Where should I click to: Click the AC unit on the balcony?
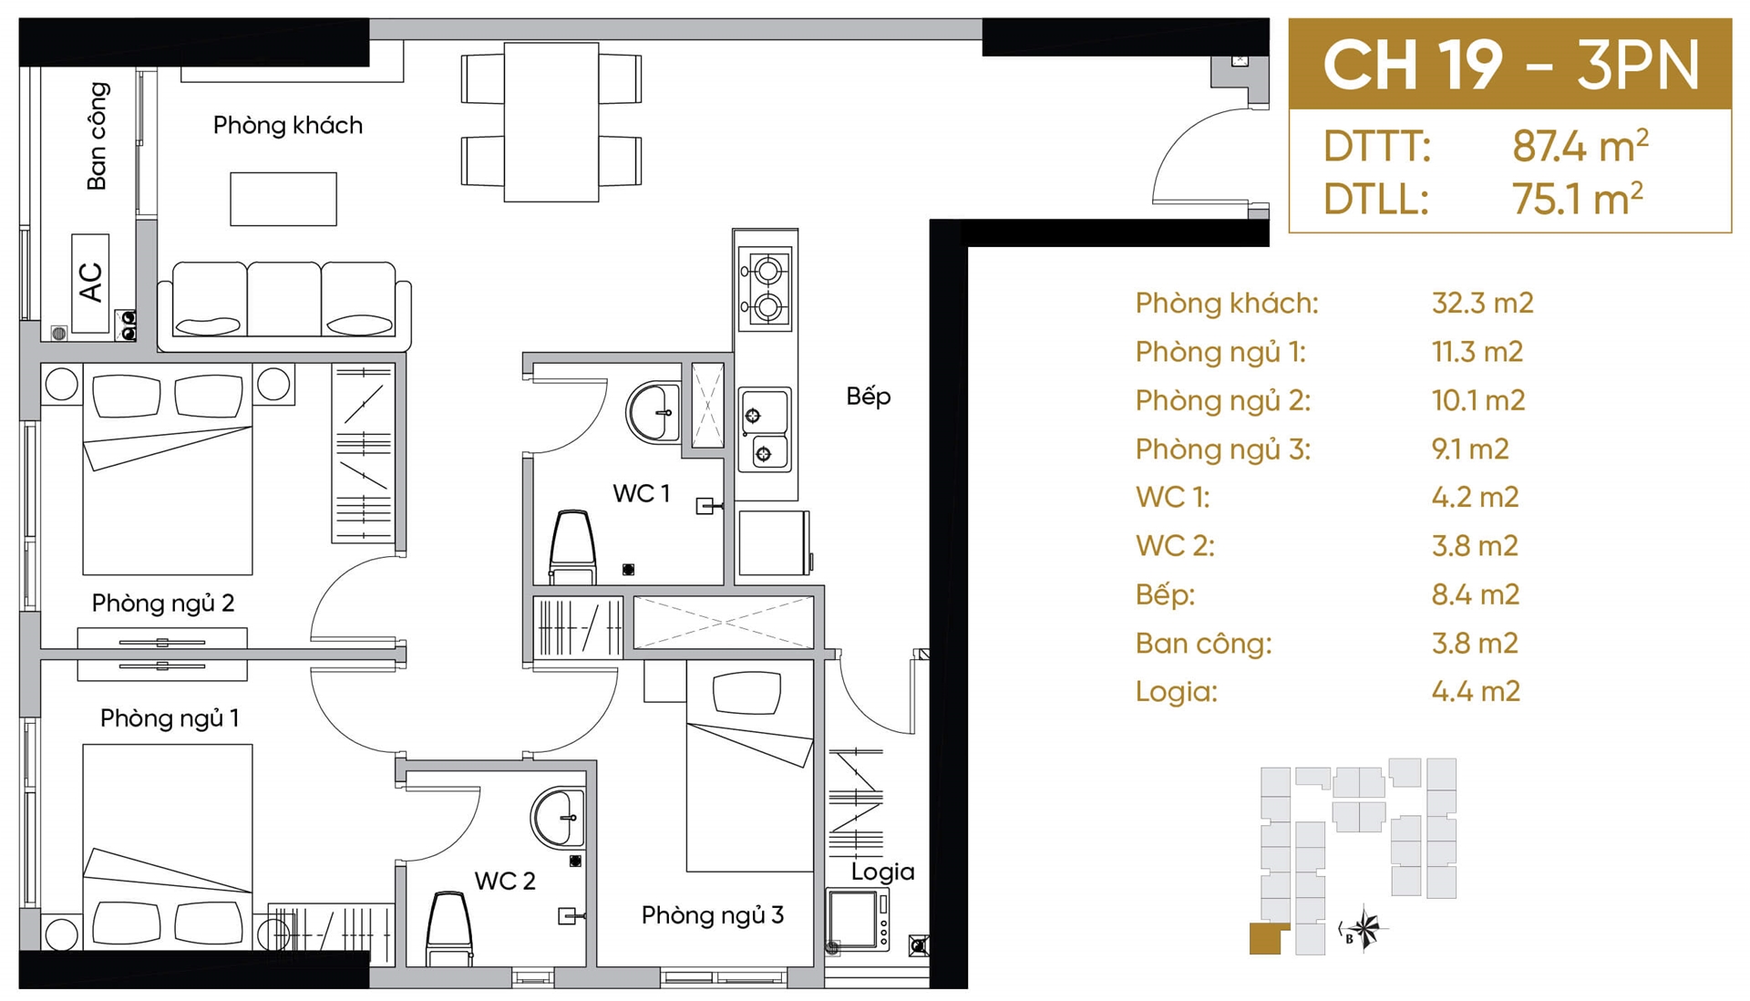[x=90, y=283]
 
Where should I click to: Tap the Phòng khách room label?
[x=288, y=125]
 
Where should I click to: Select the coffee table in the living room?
[x=283, y=199]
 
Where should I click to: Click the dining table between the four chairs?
[x=551, y=121]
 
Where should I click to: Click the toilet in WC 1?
[x=572, y=547]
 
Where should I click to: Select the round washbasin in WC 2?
[x=558, y=818]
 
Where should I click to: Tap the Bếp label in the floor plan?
[x=868, y=397]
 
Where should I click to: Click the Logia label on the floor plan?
[x=882, y=872]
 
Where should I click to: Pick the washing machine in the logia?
[x=858, y=920]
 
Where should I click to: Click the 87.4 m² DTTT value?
[x=1580, y=146]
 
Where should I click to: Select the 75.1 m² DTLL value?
[x=1577, y=198]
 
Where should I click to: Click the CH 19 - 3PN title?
[x=1510, y=65]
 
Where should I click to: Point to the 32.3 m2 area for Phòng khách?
[x=1482, y=303]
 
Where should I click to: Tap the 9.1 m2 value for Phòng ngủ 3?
[x=1470, y=449]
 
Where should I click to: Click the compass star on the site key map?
[x=1364, y=929]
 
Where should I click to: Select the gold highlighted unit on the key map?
[x=1267, y=938]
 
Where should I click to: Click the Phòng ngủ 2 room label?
[x=163, y=604]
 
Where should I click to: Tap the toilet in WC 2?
[x=449, y=928]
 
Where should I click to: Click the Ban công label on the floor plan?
[x=97, y=136]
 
